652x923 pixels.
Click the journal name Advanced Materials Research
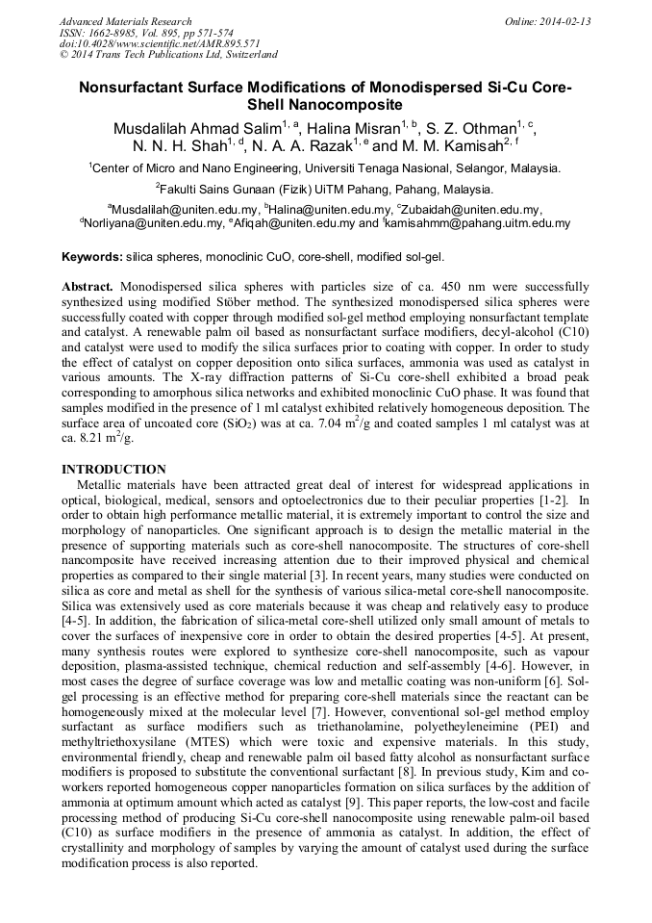click(x=126, y=21)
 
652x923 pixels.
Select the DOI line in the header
click(x=160, y=43)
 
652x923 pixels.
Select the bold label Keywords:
click(x=92, y=257)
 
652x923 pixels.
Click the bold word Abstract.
click(x=88, y=287)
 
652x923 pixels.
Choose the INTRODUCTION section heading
click(x=113, y=469)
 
